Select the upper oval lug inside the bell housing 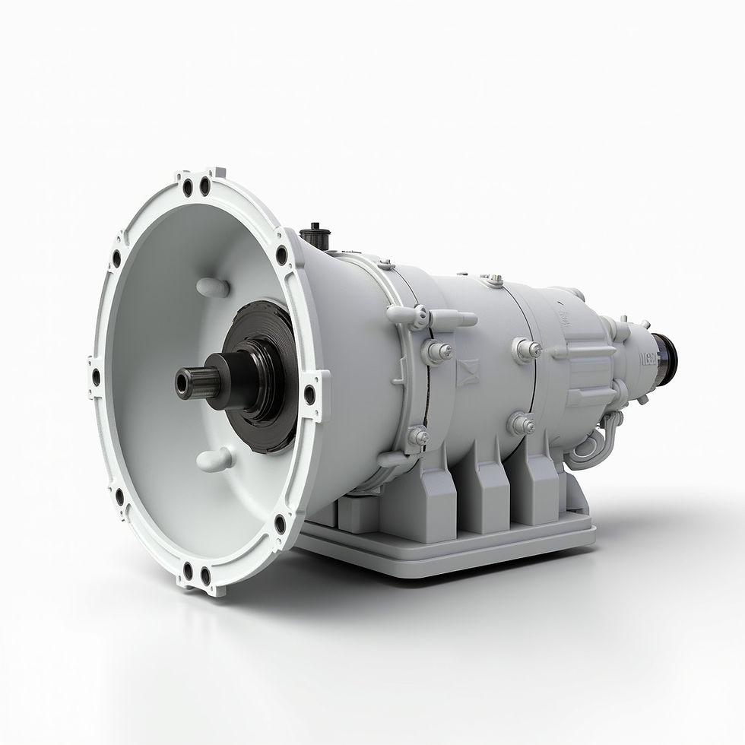(x=213, y=287)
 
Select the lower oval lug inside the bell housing (x=215, y=459)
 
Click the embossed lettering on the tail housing (x=648, y=357)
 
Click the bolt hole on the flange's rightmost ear (x=309, y=395)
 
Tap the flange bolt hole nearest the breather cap (x=281, y=255)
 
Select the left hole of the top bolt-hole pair (x=188, y=182)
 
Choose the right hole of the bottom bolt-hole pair (x=204, y=575)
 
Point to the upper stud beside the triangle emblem (x=438, y=351)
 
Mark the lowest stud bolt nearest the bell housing (x=417, y=436)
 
